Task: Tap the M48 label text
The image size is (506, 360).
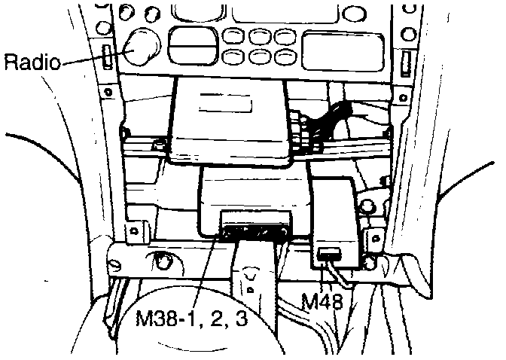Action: [x=322, y=303]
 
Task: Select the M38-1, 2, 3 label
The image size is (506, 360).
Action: [x=193, y=320]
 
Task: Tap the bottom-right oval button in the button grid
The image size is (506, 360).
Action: [x=284, y=56]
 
